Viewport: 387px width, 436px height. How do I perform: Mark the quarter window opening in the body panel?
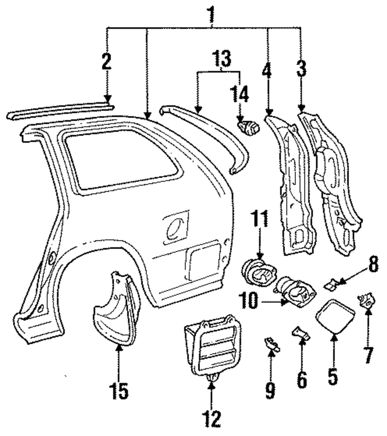[x=120, y=159]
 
